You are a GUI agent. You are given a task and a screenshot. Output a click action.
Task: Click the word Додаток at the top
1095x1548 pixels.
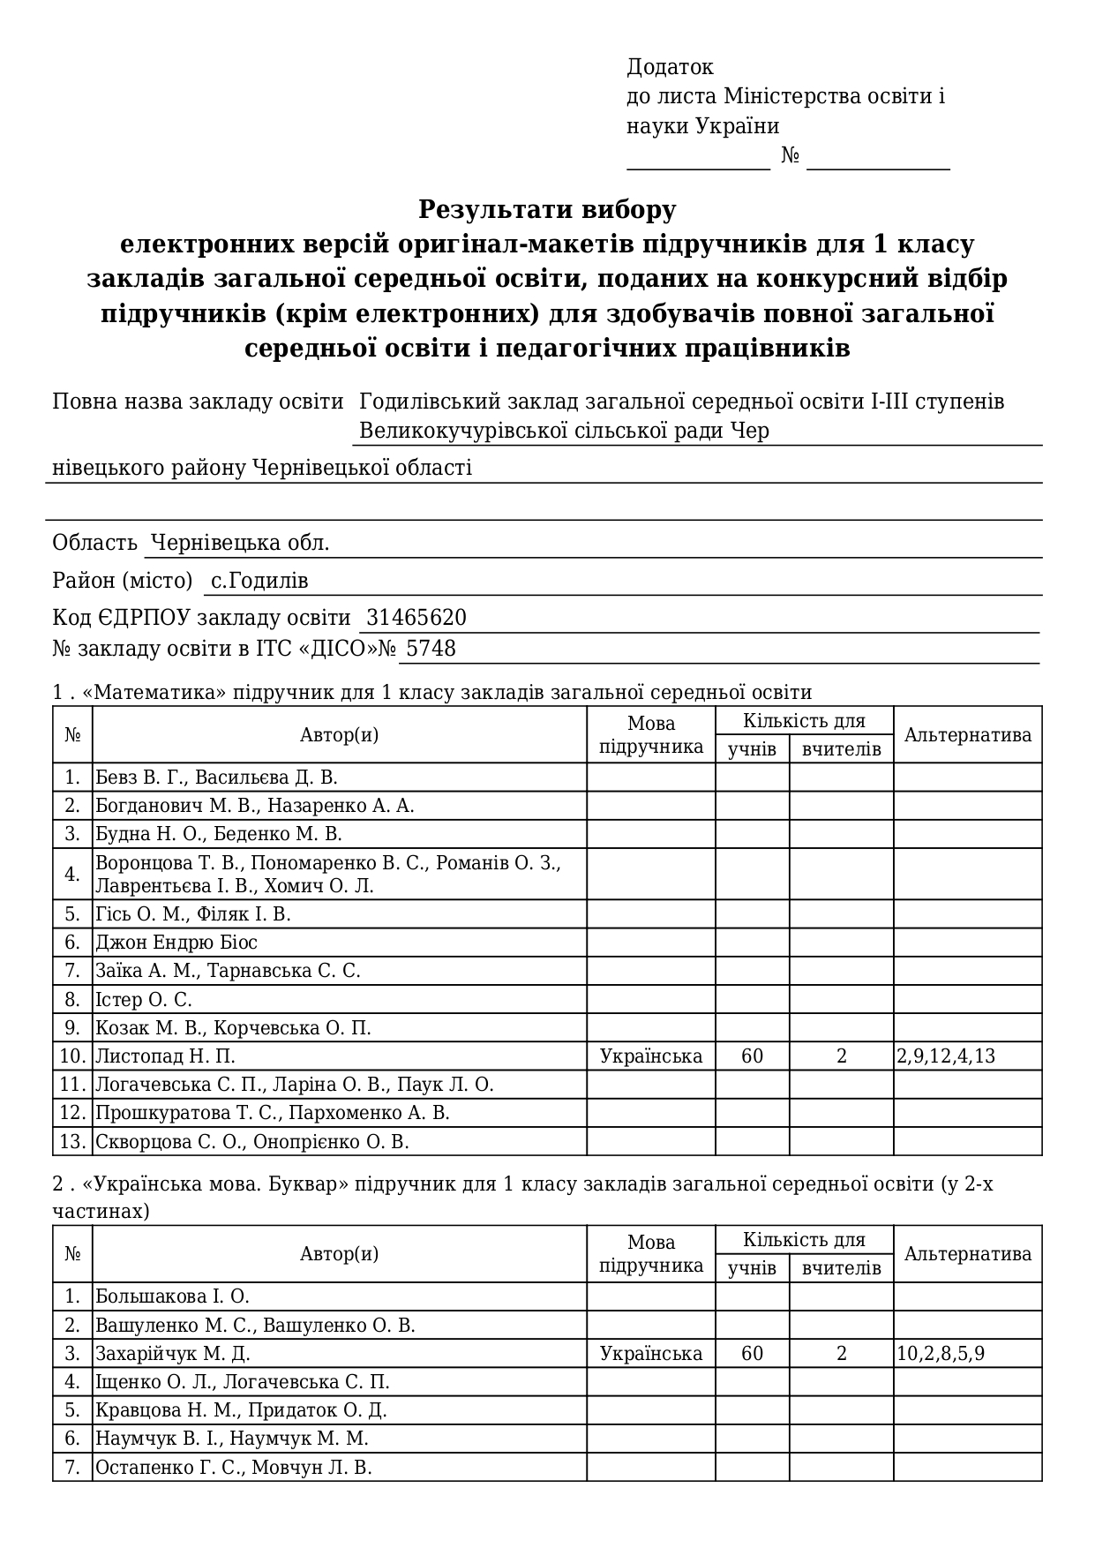[670, 67]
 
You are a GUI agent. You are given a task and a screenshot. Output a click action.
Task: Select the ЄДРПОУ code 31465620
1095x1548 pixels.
[416, 618]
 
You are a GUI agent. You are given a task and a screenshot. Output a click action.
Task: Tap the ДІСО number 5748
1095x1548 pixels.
[431, 649]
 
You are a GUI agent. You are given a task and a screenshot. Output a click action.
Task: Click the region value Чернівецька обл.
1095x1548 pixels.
[240, 543]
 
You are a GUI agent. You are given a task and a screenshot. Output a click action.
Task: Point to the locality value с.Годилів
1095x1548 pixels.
[259, 581]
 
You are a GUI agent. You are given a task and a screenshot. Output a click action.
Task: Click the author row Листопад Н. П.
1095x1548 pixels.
[165, 1056]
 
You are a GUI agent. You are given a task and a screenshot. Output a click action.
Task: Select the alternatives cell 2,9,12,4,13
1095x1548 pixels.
[946, 1056]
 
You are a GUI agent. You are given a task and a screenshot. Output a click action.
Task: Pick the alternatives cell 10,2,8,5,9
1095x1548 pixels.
[941, 1354]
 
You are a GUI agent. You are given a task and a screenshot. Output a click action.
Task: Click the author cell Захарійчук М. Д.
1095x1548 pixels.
[173, 1354]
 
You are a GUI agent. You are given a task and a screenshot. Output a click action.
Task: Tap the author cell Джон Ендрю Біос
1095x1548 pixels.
[176, 943]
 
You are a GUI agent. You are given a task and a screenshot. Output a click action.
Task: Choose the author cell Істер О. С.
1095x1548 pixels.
[144, 1000]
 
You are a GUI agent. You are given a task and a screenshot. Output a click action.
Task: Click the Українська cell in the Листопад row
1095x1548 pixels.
[651, 1056]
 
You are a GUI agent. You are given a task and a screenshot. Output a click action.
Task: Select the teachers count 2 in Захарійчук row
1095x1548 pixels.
[841, 1354]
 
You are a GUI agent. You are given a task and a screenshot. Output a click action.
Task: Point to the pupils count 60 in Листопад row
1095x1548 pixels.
[752, 1056]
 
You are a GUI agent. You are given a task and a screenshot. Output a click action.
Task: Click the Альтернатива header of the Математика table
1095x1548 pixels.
[967, 735]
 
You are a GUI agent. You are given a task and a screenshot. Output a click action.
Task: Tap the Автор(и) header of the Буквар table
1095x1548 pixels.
[339, 1254]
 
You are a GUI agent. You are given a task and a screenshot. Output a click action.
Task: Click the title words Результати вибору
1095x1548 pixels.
[547, 210]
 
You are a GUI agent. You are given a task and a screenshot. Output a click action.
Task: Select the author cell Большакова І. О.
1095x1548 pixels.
[173, 1296]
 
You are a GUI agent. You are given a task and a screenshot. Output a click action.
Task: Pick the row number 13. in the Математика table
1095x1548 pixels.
[72, 1142]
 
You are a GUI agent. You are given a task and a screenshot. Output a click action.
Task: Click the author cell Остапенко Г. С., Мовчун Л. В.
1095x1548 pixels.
[234, 1468]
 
